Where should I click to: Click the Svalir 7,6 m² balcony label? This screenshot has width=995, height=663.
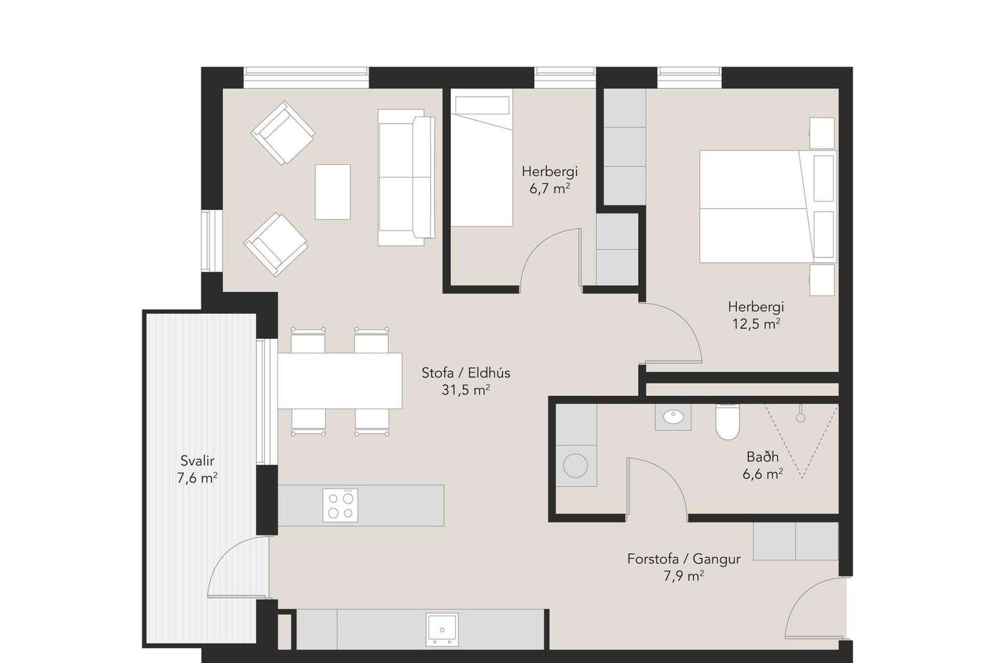click(197, 469)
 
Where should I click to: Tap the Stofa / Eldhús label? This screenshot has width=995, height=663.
click(466, 372)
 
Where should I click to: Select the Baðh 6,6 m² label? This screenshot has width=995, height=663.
click(762, 465)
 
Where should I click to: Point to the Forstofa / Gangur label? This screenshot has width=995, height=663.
click(684, 559)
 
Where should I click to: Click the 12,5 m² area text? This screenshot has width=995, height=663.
click(756, 324)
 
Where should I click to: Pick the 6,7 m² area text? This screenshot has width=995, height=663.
click(549, 188)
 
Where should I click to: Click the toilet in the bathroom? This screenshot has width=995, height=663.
click(728, 422)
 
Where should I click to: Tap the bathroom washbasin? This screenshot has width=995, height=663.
click(673, 417)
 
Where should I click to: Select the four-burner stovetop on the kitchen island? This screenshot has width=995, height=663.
click(340, 505)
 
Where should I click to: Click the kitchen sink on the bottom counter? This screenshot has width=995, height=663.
click(442, 629)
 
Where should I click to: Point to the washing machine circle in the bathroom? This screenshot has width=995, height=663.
click(575, 466)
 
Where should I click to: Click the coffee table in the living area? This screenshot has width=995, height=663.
click(333, 192)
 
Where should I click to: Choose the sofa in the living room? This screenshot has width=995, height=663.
click(406, 177)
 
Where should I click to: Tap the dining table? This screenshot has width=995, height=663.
click(340, 381)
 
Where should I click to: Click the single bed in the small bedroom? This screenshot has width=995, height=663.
click(481, 157)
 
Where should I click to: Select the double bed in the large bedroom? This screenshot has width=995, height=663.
click(768, 206)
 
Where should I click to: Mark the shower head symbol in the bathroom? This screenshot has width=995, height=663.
click(801, 414)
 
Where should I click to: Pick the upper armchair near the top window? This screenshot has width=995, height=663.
click(283, 133)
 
